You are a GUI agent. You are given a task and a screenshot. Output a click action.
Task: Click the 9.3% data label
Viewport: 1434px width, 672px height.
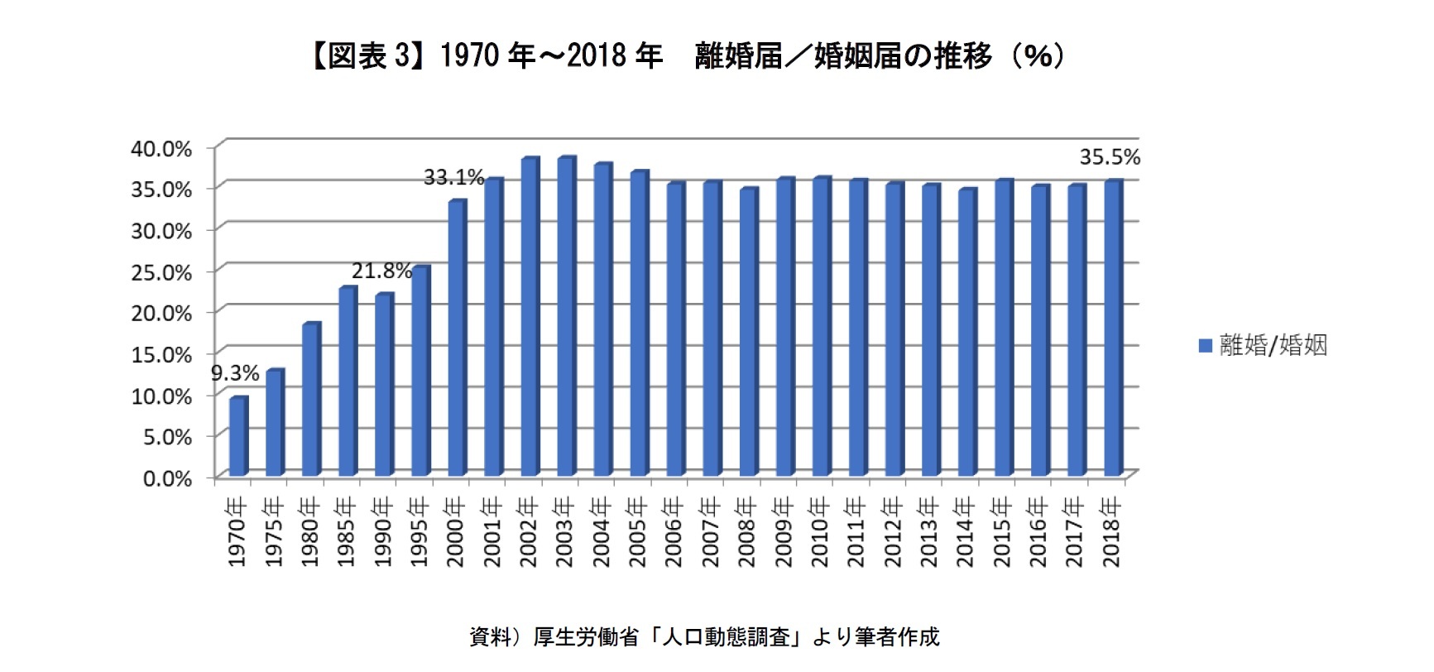tap(235, 373)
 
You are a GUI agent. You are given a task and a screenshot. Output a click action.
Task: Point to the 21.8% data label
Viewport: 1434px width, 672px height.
tap(381, 271)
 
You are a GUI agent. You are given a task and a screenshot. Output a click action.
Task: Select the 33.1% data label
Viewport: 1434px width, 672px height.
tap(453, 177)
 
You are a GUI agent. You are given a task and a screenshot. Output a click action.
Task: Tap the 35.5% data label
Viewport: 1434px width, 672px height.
tap(1110, 157)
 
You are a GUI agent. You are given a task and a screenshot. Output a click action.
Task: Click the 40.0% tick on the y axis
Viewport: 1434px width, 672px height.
tap(161, 148)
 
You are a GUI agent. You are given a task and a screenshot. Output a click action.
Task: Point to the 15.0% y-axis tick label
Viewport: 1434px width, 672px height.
tap(161, 354)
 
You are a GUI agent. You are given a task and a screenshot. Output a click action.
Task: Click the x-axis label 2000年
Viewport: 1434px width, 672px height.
tap(456, 531)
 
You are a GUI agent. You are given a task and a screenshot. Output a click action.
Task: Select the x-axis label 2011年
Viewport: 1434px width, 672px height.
tap(856, 531)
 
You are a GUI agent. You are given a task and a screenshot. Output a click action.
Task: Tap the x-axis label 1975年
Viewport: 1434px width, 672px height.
tap(274, 531)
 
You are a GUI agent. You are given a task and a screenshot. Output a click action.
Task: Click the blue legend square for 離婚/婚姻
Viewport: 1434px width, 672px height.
tap(1206, 346)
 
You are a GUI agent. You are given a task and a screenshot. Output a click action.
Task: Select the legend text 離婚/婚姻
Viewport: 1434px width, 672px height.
tap(1273, 346)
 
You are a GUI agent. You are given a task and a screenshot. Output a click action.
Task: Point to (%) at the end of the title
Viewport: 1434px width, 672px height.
tap(1038, 56)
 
